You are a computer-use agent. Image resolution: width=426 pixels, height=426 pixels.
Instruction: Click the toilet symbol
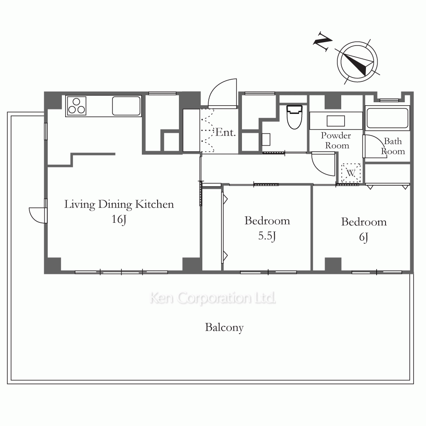click(294, 117)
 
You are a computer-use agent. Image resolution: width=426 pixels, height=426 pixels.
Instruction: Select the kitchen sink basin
click(127, 106)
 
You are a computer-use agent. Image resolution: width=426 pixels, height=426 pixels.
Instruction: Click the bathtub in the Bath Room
click(387, 118)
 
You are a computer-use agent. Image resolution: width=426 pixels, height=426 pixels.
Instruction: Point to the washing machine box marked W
click(351, 173)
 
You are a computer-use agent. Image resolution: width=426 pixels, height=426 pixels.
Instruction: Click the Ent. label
click(225, 132)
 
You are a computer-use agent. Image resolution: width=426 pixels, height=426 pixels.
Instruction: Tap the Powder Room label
click(336, 141)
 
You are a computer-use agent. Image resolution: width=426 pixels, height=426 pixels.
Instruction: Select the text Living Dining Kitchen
click(119, 204)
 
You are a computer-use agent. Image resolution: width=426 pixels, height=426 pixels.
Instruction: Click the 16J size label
click(119, 219)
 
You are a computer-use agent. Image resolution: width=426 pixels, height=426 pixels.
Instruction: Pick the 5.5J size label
click(267, 236)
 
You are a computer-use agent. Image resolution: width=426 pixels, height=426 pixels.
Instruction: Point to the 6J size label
click(364, 237)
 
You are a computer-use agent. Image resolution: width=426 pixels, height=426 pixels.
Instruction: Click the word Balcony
click(224, 328)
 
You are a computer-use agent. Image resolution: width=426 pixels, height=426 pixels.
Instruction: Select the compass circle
click(357, 62)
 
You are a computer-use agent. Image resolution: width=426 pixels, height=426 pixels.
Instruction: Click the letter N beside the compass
click(322, 41)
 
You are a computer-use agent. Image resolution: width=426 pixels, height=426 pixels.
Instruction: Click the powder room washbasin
click(336, 121)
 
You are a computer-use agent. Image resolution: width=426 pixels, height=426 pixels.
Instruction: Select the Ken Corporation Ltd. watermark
click(213, 298)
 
